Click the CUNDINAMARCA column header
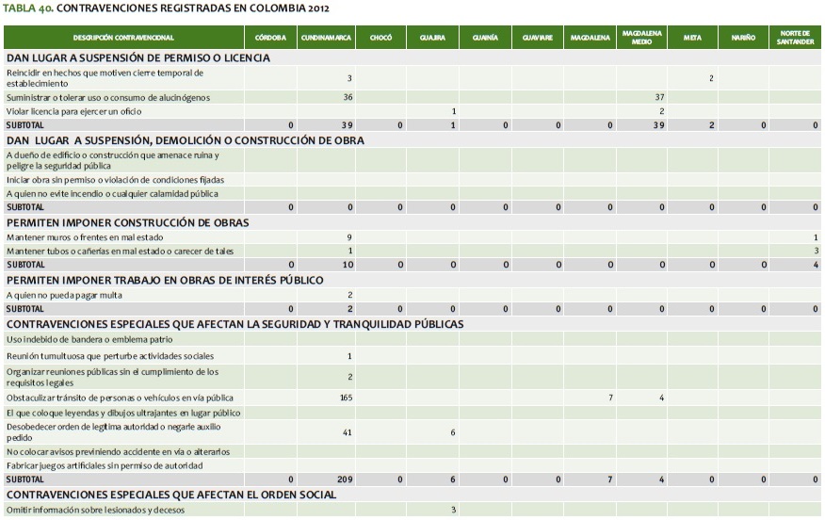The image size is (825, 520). (326, 38)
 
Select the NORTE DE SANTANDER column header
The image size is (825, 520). (794, 38)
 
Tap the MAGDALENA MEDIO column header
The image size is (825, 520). (642, 38)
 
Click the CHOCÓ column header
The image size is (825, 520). (380, 38)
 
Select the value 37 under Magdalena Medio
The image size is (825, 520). (659, 97)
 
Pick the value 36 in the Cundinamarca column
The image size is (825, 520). (348, 97)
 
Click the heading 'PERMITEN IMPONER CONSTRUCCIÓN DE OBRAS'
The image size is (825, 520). (127, 223)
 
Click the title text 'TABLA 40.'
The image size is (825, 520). (27, 8)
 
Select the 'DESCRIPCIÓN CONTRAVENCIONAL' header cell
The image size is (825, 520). (123, 38)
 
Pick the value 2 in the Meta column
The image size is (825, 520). (711, 78)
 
